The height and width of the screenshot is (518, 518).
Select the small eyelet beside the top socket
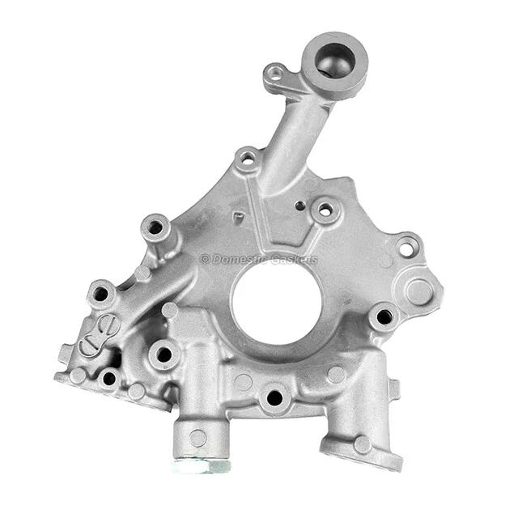click(x=276, y=74)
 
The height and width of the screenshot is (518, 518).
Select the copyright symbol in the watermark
click(x=205, y=260)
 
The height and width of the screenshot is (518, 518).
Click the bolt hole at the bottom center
click(x=274, y=397)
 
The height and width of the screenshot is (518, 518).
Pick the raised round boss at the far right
click(x=419, y=292)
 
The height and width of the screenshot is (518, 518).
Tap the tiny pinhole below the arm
click(x=300, y=206)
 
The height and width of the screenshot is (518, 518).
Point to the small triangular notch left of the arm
click(x=239, y=217)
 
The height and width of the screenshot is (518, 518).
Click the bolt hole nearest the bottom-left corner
click(x=108, y=378)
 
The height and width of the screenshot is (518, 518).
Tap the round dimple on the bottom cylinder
click(x=197, y=438)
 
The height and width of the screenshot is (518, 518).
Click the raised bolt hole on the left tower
click(x=155, y=227)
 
